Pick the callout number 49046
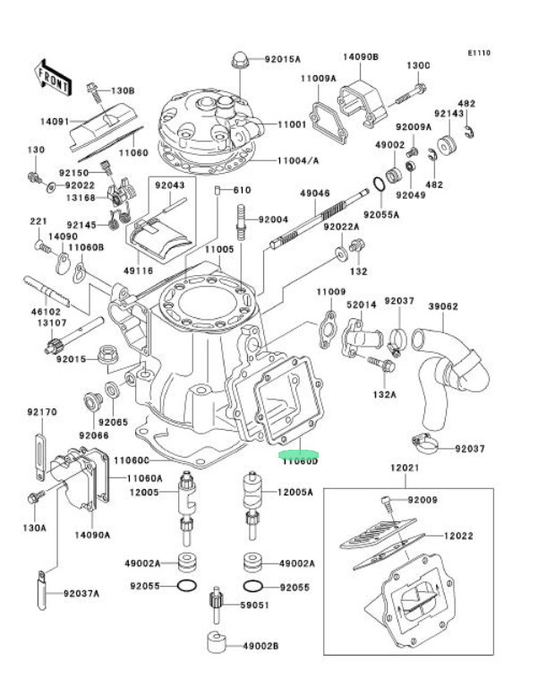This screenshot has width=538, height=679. [315, 193]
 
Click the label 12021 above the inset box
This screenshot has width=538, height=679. [403, 468]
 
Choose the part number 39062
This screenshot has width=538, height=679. [442, 306]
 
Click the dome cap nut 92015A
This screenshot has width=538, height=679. [240, 59]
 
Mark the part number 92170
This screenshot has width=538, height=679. [41, 412]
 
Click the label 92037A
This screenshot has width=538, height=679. [81, 594]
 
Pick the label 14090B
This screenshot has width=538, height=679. [361, 56]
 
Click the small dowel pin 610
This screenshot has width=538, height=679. [218, 190]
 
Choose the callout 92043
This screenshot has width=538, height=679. [168, 185]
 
